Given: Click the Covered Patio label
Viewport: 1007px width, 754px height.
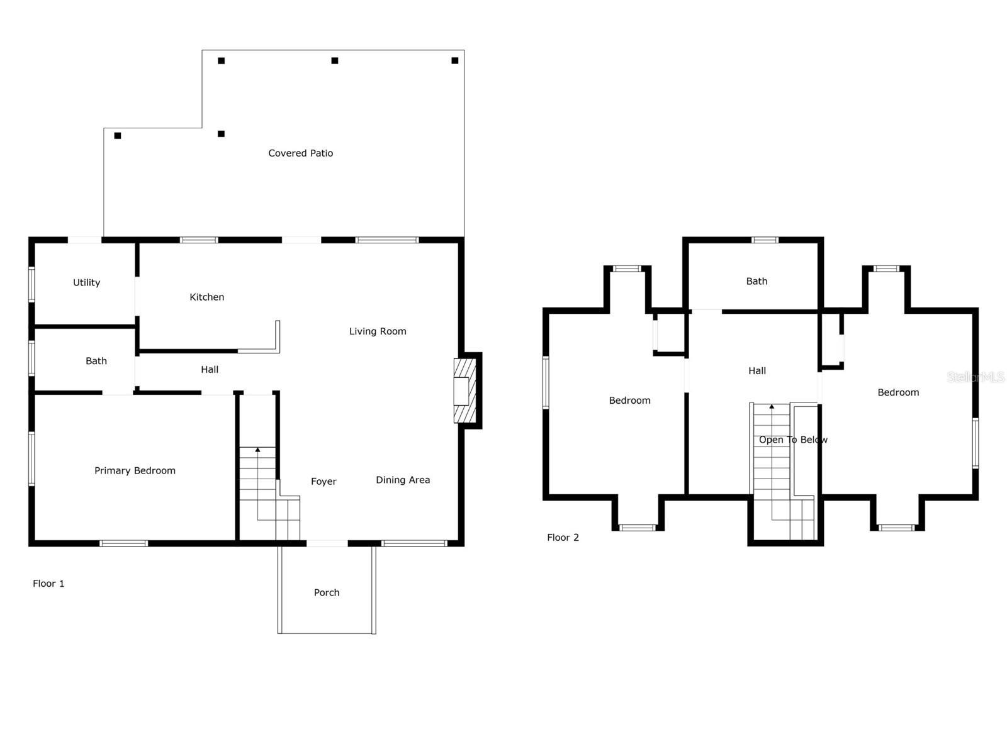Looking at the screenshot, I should click(x=300, y=153).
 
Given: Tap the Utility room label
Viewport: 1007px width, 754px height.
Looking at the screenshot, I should click(x=86, y=282).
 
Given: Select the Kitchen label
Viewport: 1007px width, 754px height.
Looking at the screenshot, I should click(x=206, y=297).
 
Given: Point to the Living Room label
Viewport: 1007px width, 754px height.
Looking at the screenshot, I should click(x=378, y=331).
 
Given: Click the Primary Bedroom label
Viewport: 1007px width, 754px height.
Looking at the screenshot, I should click(x=135, y=470).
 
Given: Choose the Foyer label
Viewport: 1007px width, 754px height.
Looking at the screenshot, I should click(x=323, y=481).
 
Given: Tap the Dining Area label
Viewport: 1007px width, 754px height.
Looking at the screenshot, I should click(x=403, y=480).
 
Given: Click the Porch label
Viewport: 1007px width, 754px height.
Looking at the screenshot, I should click(x=326, y=592).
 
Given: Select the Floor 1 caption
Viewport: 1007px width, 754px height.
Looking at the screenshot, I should click(x=48, y=584).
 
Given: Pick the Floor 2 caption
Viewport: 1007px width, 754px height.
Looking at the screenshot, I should click(x=563, y=537).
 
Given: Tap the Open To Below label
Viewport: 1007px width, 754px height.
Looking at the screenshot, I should click(x=793, y=440).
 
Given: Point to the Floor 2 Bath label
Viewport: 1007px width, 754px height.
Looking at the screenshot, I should click(x=757, y=281).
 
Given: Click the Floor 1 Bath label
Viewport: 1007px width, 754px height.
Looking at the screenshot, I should click(x=96, y=361).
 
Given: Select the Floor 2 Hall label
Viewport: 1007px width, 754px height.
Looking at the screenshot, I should click(x=757, y=370).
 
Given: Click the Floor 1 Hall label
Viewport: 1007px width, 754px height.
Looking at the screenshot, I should click(x=210, y=369).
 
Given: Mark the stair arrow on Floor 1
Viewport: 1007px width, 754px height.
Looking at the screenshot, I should click(x=257, y=450).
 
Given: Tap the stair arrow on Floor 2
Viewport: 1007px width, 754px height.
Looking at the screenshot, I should click(x=772, y=407).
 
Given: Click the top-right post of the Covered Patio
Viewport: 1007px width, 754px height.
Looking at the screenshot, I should click(x=454, y=60).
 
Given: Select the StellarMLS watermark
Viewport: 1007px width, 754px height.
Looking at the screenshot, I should click(x=976, y=377).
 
